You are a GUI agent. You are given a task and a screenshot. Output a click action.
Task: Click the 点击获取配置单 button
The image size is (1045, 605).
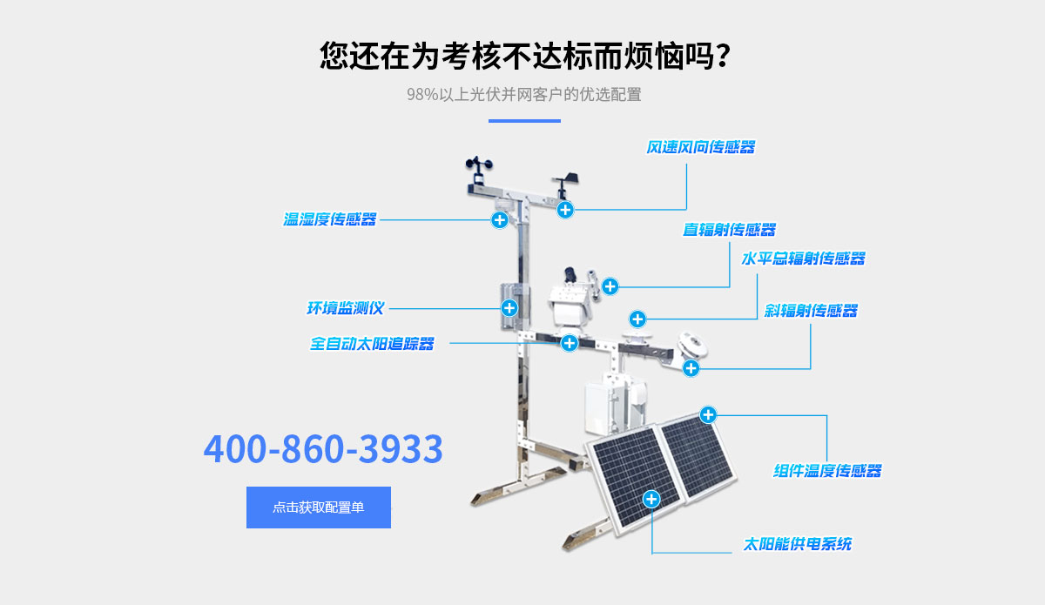click(319, 508)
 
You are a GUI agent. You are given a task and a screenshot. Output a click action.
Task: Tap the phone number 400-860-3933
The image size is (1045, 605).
click(323, 449)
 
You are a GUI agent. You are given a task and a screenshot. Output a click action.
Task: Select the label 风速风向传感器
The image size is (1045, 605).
click(700, 147)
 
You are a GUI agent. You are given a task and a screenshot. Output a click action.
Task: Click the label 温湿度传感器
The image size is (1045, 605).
click(330, 219)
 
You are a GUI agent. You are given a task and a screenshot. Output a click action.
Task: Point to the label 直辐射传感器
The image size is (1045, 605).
click(729, 230)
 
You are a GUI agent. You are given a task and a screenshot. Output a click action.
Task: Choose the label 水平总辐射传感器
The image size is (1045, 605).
click(803, 259)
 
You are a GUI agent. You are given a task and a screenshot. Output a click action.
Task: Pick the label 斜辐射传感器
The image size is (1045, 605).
click(811, 311)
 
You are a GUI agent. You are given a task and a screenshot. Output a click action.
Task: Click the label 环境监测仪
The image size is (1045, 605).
click(345, 308)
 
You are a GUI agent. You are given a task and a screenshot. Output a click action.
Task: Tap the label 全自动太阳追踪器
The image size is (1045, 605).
click(372, 344)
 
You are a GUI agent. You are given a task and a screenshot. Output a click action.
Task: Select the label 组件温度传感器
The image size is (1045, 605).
click(827, 471)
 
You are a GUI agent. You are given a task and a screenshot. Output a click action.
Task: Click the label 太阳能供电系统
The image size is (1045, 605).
click(797, 544)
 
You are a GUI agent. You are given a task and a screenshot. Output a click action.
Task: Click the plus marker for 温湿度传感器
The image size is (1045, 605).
click(499, 219)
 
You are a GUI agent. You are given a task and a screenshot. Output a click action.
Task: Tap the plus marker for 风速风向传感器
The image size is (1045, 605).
click(565, 209)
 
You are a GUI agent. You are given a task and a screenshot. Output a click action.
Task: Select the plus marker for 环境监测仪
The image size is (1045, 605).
click(509, 307)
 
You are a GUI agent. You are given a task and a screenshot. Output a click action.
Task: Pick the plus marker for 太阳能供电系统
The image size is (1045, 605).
click(651, 499)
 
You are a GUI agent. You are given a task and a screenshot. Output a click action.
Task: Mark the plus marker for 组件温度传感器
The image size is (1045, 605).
click(708, 414)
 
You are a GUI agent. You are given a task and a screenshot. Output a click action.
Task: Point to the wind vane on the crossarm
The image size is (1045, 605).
click(563, 180)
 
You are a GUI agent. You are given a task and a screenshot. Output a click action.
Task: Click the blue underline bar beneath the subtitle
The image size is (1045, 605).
click(523, 120)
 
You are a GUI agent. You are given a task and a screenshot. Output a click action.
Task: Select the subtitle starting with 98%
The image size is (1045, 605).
click(523, 94)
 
